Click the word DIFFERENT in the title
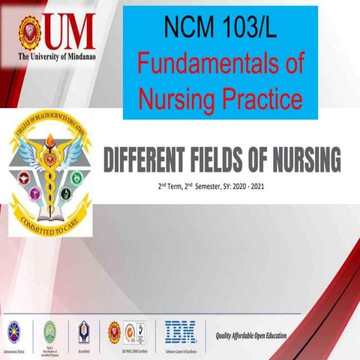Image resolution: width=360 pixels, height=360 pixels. click(x=145, y=159)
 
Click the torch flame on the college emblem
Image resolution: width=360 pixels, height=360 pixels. click(x=50, y=139)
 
